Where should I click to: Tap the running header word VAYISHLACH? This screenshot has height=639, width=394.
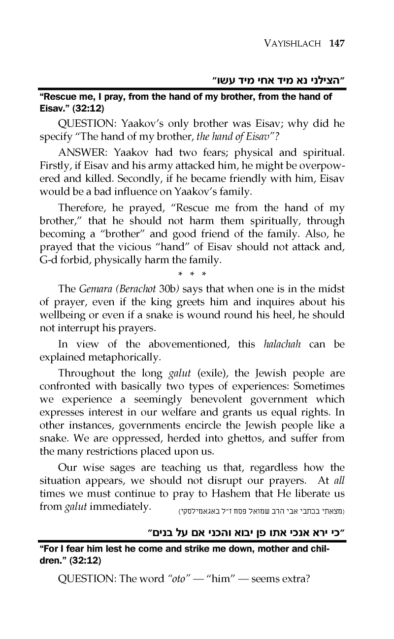(x=289, y=43)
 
